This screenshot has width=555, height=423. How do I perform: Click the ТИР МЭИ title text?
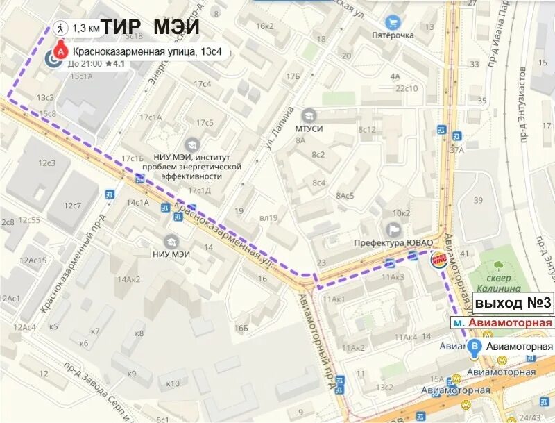pos(151,28)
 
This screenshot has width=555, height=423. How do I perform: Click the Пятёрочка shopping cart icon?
pos(393,22)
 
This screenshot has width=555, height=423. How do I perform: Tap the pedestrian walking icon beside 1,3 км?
pos(60,28)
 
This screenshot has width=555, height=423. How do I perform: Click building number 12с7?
pos(72,206)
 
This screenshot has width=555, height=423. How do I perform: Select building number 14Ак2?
pos(129,280)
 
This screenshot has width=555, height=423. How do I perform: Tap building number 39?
pos(477,200)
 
